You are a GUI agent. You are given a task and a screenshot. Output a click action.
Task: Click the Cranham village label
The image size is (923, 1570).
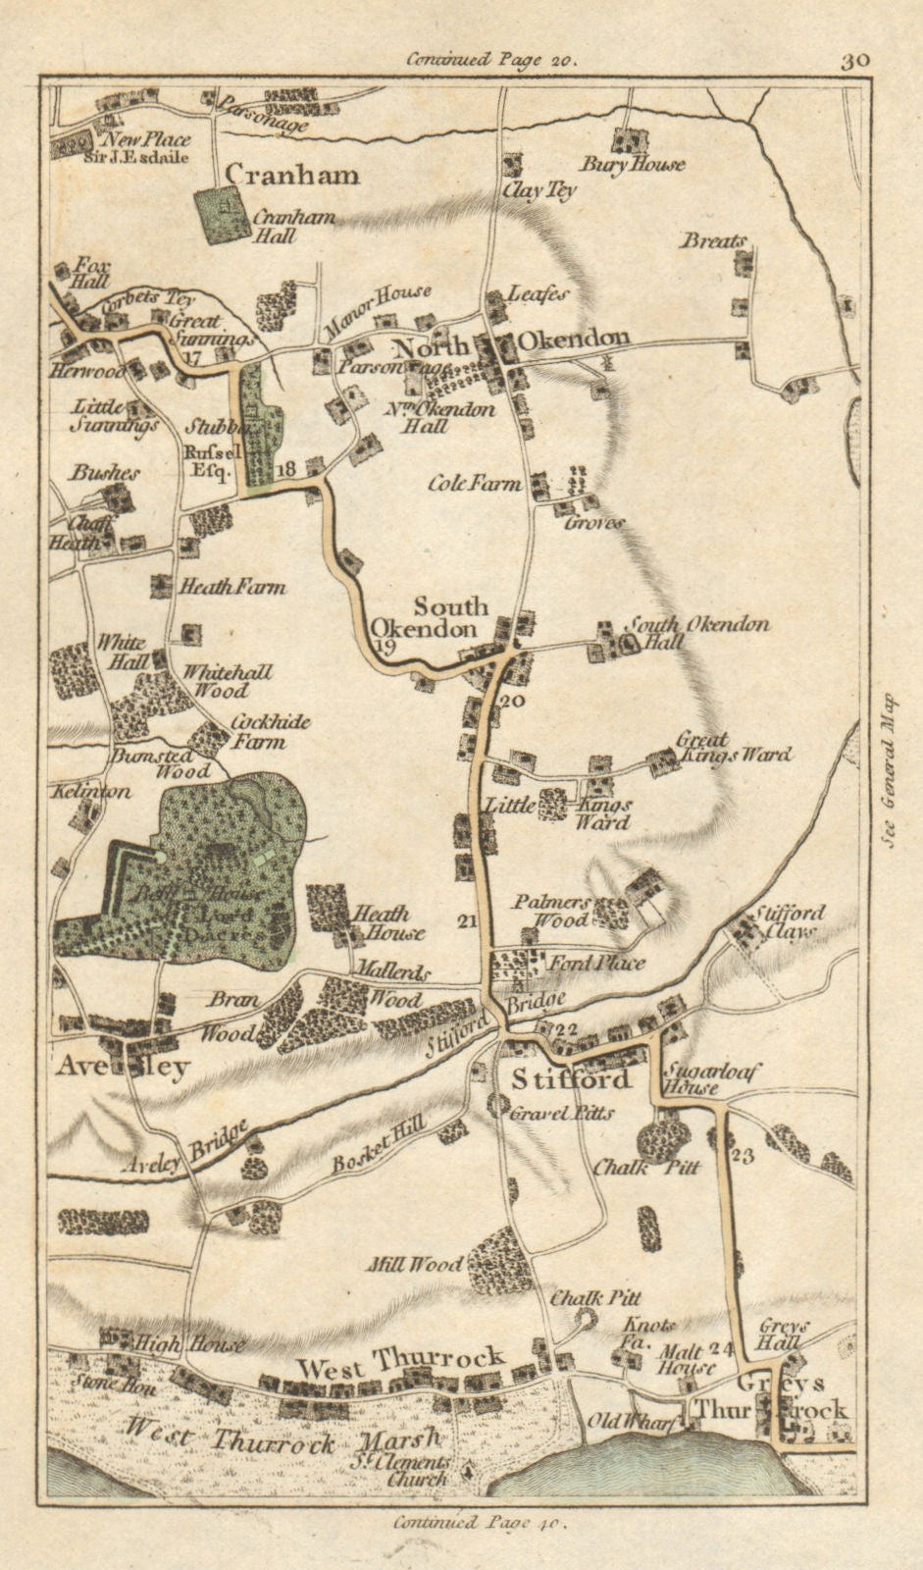pos(292,175)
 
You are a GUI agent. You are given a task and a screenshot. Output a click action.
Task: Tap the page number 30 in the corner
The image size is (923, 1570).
pos(854,60)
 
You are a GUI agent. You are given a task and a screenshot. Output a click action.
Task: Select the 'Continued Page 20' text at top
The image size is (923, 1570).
pos(492,60)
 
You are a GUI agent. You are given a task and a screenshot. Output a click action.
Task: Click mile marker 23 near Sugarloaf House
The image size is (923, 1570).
pos(743,1156)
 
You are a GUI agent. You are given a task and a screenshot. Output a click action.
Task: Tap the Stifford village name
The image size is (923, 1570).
pos(571,1080)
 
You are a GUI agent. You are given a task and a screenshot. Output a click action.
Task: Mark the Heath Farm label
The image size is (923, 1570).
pos(231,588)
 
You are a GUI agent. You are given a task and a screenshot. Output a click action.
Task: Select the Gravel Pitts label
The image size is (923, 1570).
pos(563,1114)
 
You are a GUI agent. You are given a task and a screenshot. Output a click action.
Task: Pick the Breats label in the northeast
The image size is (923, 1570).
pos(714,240)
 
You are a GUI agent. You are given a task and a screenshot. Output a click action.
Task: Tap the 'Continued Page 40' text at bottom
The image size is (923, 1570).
pos(480,1523)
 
